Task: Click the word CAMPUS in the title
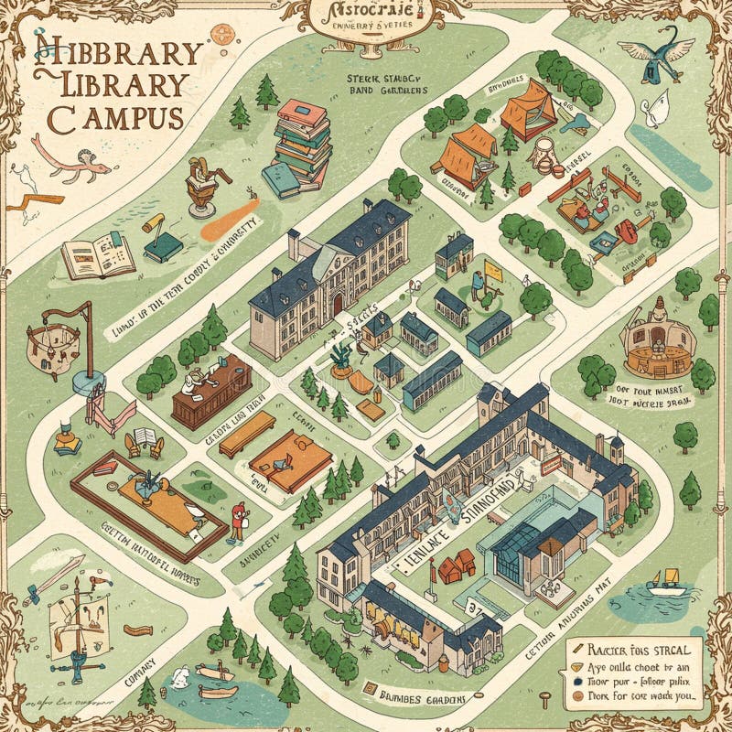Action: tap(115, 117)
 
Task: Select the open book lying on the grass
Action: tap(98, 255)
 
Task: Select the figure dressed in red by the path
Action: tap(238, 522)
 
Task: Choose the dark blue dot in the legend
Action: tap(576, 681)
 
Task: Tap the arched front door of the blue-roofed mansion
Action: tap(338, 306)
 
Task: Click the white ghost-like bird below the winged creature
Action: tap(651, 113)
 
